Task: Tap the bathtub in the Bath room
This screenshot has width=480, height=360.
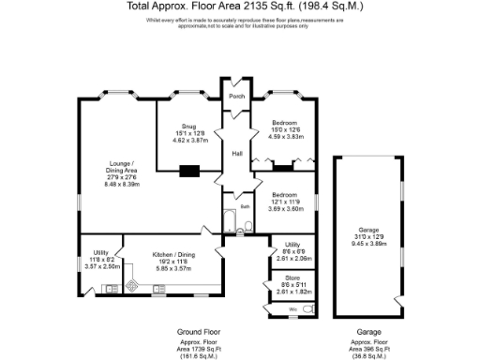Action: [231, 222]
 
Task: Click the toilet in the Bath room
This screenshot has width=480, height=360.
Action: [247, 226]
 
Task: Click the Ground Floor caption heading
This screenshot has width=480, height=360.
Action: [198, 332]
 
